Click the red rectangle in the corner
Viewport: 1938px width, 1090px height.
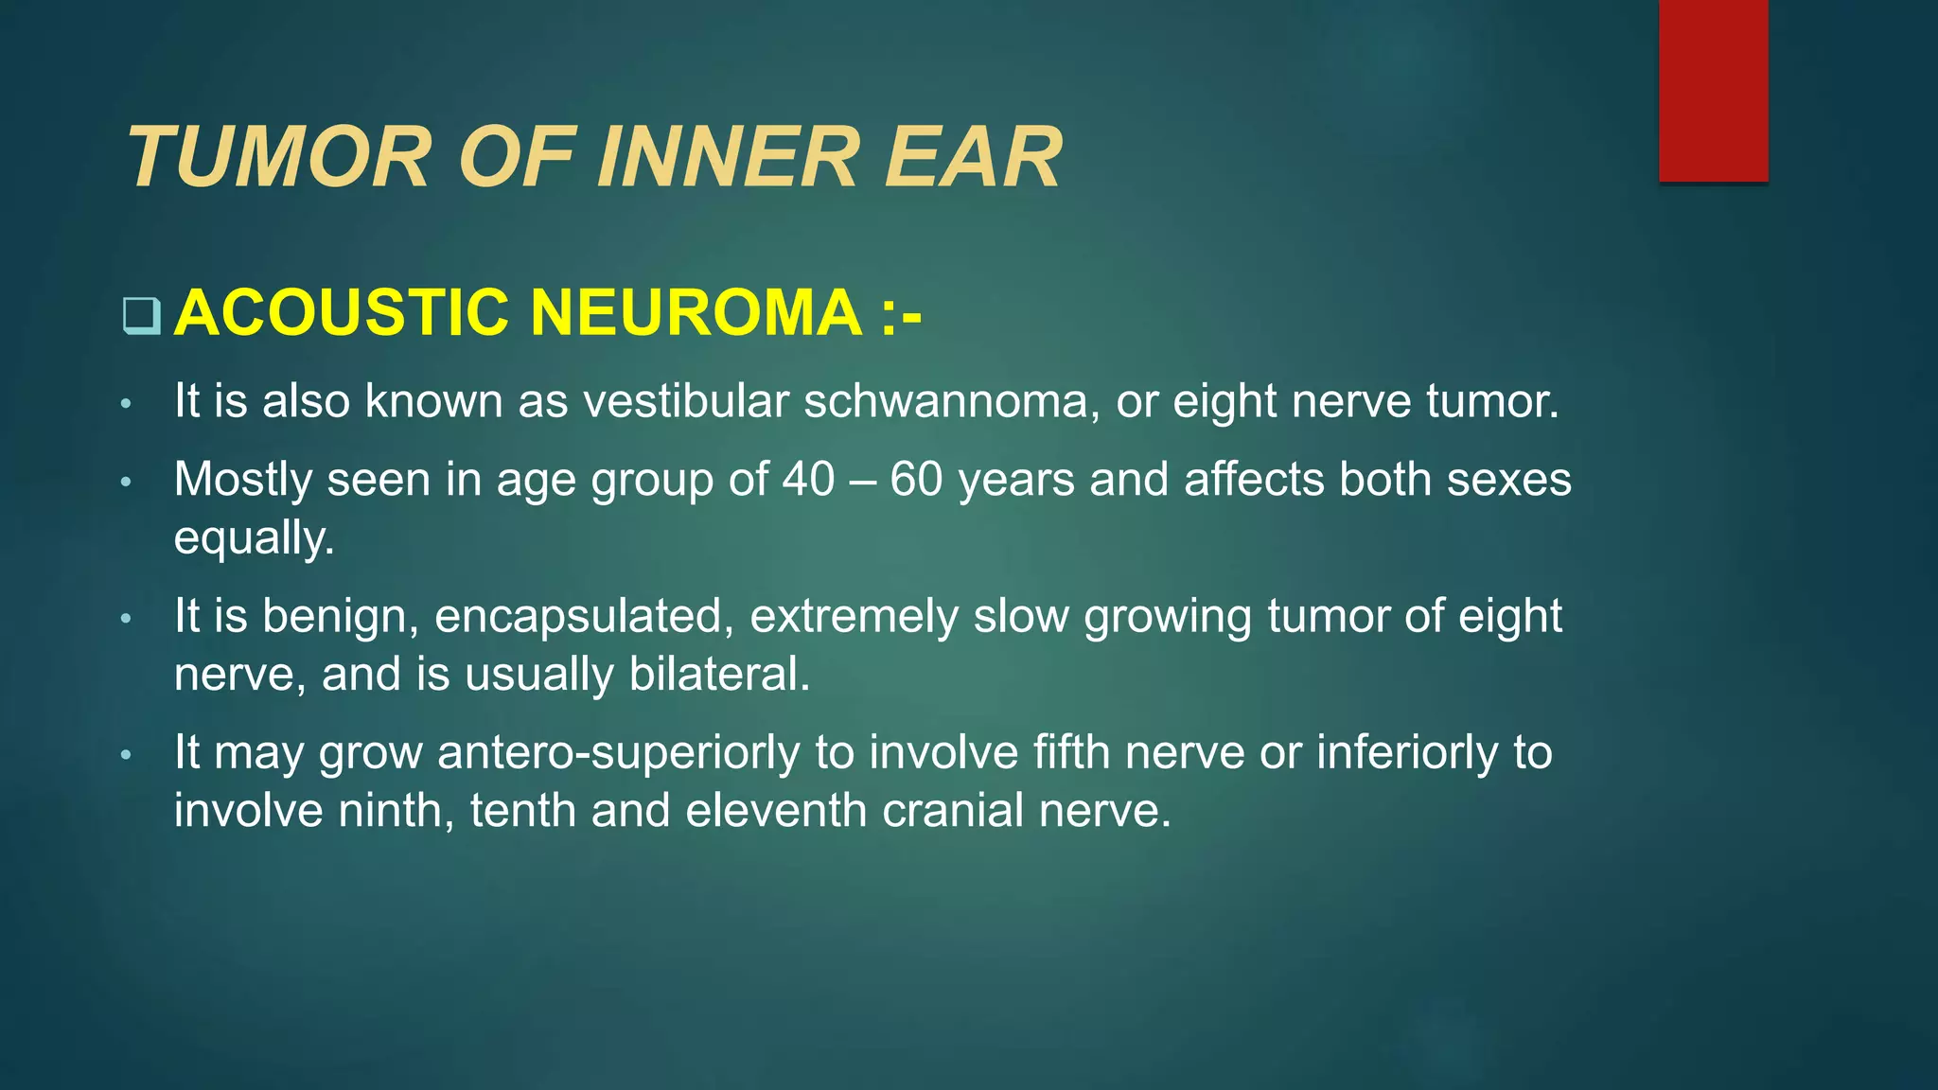coord(1713,91)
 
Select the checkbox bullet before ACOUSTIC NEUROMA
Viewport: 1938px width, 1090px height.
coord(141,316)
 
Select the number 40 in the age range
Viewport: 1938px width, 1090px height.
coord(808,480)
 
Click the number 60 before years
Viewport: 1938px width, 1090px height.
coord(916,480)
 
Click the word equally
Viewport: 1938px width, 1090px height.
coord(254,539)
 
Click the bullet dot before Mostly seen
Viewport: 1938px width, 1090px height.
coord(126,483)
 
